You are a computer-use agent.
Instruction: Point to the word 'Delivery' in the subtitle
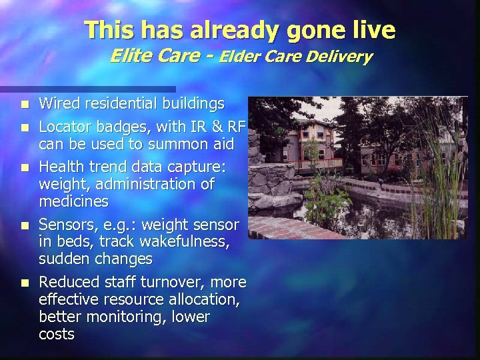tap(341, 57)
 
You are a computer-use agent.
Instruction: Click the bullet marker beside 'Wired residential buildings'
tap(25, 105)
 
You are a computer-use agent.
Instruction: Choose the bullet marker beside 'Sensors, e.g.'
tap(25, 223)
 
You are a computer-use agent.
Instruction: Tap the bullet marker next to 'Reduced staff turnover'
tap(25, 283)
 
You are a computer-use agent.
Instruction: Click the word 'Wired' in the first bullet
tap(57, 104)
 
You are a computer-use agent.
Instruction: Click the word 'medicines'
tap(73, 200)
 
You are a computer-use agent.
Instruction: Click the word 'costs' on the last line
tap(57, 335)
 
